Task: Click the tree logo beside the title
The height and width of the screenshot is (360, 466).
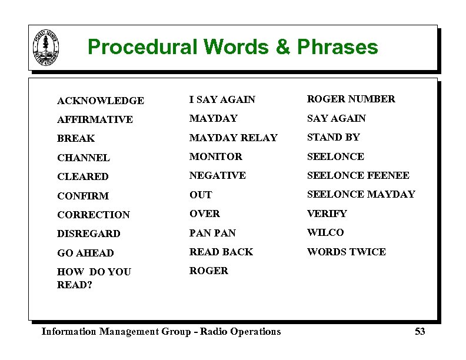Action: pos(46,47)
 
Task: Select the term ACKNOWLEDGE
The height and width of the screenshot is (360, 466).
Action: pos(100,101)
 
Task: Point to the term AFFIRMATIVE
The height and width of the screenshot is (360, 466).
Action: pos(95,119)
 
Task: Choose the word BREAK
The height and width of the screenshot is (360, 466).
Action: pos(76,139)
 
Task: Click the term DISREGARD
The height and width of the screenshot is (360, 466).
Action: pos(88,234)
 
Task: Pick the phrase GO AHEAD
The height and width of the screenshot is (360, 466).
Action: pos(85,253)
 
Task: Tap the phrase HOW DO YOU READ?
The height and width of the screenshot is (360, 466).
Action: pos(94,278)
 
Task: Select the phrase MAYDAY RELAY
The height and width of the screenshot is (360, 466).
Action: pos(233,138)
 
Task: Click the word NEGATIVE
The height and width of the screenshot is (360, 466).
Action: pos(217,175)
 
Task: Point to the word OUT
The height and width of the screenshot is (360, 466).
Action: pos(200,195)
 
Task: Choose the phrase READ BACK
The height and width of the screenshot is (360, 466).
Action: pos(221,252)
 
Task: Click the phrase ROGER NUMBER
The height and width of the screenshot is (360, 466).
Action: pos(351,99)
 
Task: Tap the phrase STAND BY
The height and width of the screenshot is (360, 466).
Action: pos(333,137)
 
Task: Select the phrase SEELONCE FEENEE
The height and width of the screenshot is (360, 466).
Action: pos(358,175)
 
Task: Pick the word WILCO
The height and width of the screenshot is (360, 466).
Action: pos(325,232)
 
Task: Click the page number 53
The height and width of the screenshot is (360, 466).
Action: pos(420,332)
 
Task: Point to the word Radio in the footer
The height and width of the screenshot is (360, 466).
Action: pos(213,332)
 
